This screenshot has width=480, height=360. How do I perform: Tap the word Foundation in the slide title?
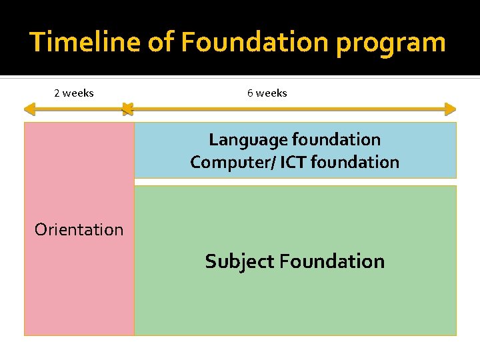tap(255, 42)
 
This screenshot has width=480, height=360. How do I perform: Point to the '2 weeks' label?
tap(73, 93)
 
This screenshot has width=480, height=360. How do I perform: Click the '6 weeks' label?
tap(267, 93)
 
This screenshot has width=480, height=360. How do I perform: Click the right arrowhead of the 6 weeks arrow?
tap(451, 109)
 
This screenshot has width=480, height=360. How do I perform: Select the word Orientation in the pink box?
tap(79, 230)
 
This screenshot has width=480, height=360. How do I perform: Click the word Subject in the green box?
tap(239, 261)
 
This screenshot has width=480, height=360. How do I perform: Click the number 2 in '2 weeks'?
tap(57, 93)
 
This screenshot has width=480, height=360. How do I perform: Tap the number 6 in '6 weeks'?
tap(250, 93)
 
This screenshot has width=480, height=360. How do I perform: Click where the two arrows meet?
tap(127, 109)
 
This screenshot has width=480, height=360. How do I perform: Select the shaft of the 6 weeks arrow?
tap(287, 109)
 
